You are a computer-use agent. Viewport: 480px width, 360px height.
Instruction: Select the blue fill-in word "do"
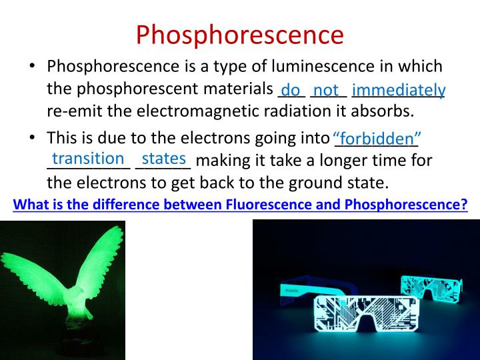[291, 89]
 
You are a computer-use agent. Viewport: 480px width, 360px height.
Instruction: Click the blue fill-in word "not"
[326, 89]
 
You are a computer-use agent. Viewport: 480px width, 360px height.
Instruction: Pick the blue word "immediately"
[399, 89]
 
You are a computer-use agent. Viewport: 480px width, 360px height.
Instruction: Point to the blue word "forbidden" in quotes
[376, 139]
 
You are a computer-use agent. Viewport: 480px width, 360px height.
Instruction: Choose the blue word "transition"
[88, 159]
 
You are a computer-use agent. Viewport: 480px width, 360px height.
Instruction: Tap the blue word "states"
[163, 159]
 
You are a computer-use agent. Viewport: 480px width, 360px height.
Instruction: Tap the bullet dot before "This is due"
[33, 138]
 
